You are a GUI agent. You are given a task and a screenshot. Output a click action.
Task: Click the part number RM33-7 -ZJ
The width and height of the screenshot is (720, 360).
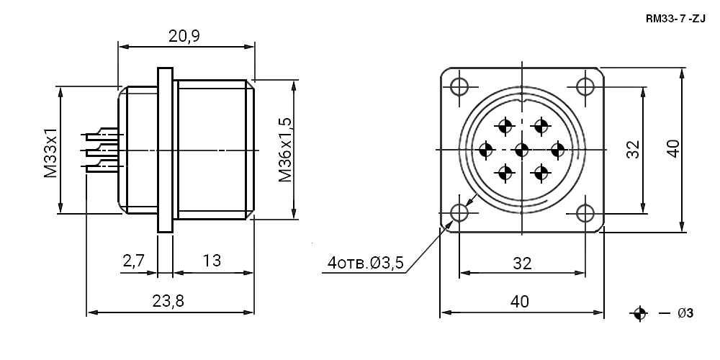(x=675, y=19)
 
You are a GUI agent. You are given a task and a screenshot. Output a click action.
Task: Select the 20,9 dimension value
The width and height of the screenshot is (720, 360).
(x=184, y=36)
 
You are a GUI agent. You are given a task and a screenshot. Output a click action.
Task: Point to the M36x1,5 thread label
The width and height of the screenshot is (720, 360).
(x=285, y=150)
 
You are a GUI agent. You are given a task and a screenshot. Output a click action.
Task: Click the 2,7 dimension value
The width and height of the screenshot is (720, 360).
(x=134, y=261)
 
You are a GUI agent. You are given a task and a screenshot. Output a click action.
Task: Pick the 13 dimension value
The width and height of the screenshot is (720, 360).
(x=211, y=261)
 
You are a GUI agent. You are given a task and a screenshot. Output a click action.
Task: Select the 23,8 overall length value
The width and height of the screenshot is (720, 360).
(x=168, y=301)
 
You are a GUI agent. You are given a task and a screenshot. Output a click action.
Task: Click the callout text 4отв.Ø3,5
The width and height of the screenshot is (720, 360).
(x=366, y=263)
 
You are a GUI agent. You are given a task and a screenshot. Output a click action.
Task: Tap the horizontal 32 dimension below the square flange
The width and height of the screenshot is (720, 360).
(x=522, y=263)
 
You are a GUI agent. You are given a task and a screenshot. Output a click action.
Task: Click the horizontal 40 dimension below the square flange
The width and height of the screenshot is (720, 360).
(x=520, y=302)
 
